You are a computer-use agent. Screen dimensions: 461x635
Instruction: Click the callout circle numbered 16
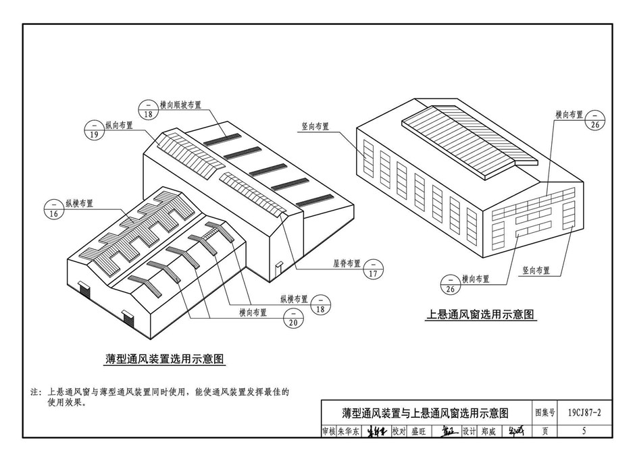(x=54, y=209)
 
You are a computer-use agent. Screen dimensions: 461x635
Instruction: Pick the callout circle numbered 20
(x=292, y=318)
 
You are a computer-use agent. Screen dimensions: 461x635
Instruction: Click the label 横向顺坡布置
(x=181, y=105)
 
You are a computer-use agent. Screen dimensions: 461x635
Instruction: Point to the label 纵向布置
(x=118, y=125)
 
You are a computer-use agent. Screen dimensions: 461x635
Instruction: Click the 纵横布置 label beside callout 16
(x=79, y=203)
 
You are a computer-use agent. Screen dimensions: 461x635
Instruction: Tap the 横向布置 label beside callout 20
(x=253, y=313)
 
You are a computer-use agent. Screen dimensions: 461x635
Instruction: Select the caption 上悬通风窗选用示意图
(x=480, y=314)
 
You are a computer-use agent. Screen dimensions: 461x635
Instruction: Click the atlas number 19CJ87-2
(x=584, y=412)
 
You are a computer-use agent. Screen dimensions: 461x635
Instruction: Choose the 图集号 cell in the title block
(x=544, y=412)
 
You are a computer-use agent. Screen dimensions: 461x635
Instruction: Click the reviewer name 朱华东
(x=349, y=431)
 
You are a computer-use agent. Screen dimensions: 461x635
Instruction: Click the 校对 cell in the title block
(x=399, y=431)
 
